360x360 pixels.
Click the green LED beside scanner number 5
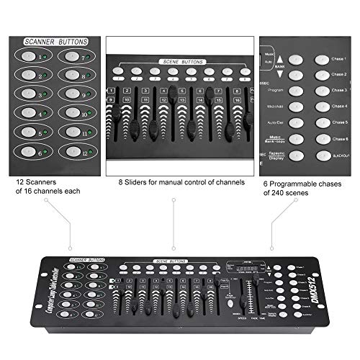tap(42, 133)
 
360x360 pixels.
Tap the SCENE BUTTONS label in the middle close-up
tap(177, 63)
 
